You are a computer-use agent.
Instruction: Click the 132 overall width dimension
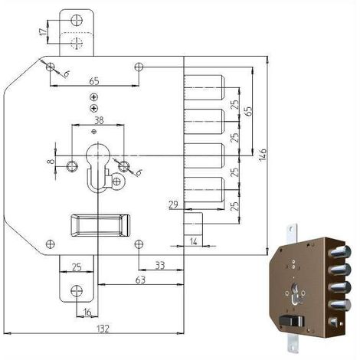tap(103, 328)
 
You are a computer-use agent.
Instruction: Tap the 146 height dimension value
tap(263, 155)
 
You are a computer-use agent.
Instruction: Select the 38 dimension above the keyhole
tap(99, 120)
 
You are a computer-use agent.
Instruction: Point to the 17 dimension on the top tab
tap(44, 31)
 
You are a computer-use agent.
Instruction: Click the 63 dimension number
tap(140, 280)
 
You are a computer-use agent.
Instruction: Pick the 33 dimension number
tap(160, 266)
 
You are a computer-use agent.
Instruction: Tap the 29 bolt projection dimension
tap(174, 205)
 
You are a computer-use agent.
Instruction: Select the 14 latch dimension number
tap(194, 241)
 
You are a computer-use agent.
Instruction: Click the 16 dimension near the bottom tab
tap(87, 312)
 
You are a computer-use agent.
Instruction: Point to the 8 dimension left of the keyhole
tap(51, 162)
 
